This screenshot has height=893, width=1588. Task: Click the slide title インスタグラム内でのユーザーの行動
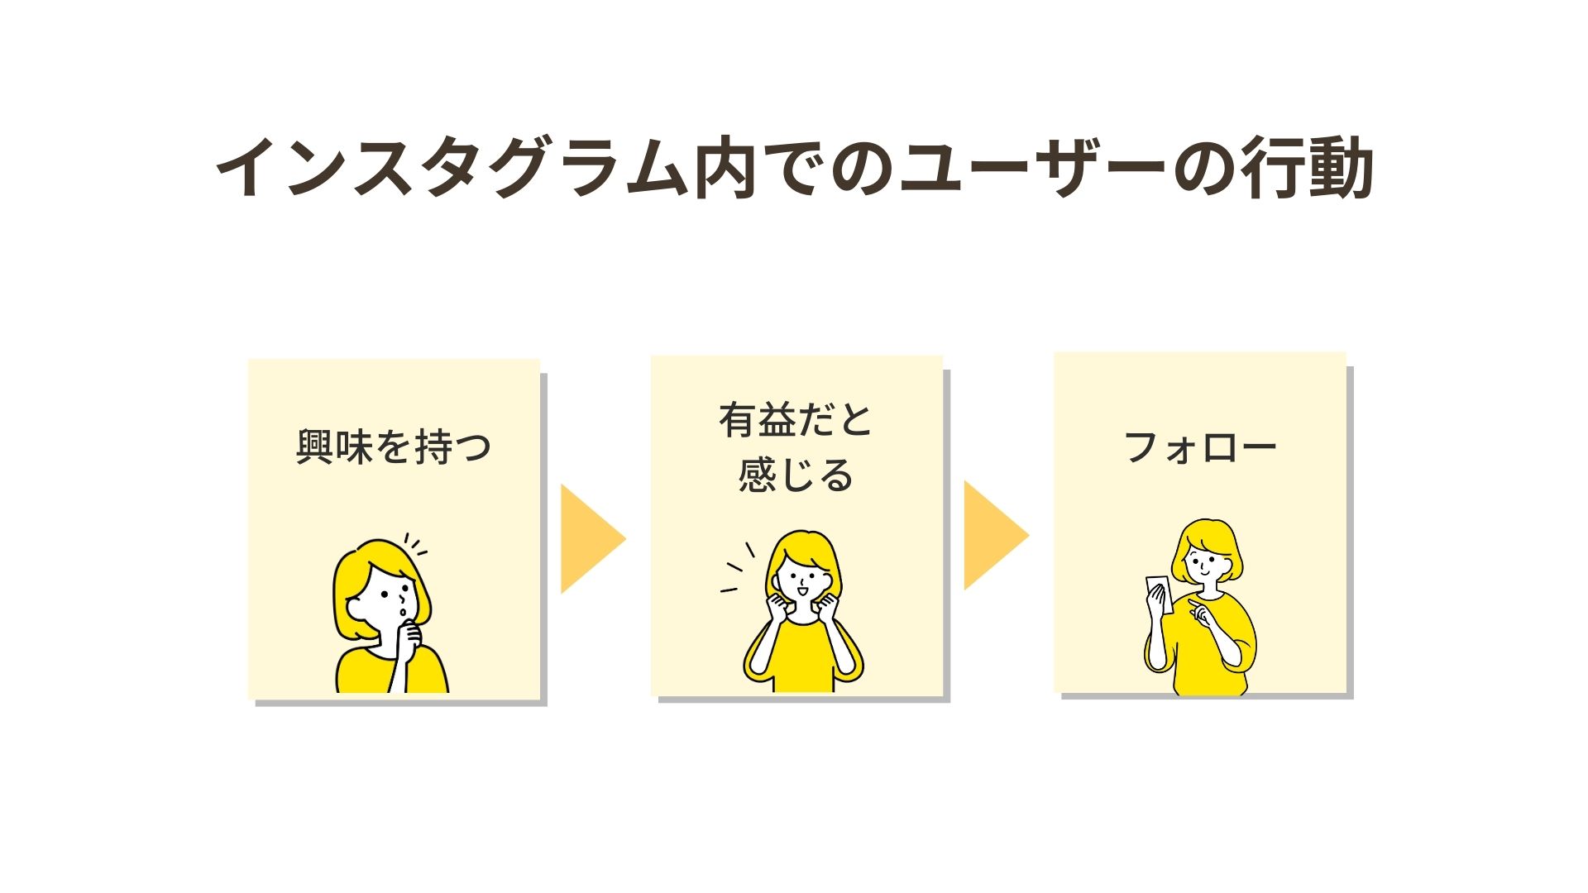coord(794,170)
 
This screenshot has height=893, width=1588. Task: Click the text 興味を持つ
coord(394,447)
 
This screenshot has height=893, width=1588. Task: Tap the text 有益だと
coord(796,420)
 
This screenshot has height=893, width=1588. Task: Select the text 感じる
coord(796,475)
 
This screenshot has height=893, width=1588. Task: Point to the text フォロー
coord(1200,447)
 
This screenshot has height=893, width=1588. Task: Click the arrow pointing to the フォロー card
coord(993,536)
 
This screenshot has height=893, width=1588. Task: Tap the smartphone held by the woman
coord(1156,591)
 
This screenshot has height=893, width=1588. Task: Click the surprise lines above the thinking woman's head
coord(415,544)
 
